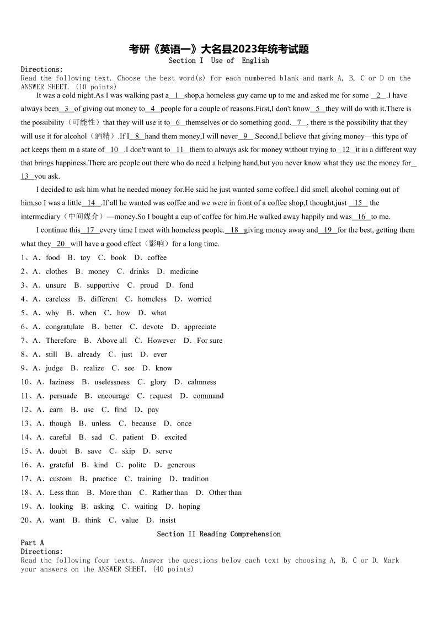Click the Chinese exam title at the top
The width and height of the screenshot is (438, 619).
[218, 50]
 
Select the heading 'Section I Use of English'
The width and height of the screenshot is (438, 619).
[218, 61]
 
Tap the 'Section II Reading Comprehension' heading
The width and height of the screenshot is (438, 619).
[218, 534]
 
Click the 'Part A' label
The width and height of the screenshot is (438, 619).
[32, 542]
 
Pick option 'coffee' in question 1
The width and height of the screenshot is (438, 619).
[157, 257]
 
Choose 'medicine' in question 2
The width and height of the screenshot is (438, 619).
[184, 271]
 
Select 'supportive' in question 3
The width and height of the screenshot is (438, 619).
[103, 285]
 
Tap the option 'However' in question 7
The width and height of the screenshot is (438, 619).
[162, 341]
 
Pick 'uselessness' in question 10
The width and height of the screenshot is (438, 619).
[112, 382]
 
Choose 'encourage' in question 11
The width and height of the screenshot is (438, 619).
[113, 396]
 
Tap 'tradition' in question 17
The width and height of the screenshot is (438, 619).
[195, 478]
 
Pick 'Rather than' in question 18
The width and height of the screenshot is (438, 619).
[170, 492]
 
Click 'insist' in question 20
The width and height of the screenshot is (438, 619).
[168, 520]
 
